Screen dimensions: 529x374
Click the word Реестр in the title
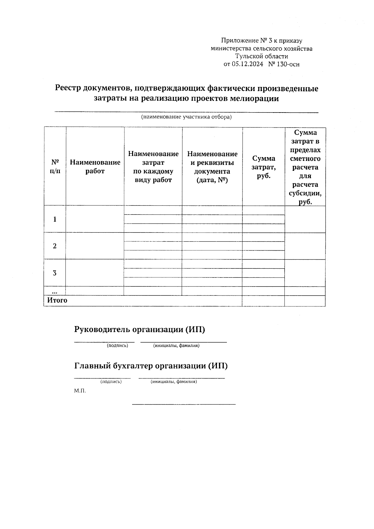click(68, 89)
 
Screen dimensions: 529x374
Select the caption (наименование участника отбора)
click(186, 117)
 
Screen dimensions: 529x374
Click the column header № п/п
click(55, 166)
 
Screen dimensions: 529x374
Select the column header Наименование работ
click(95, 166)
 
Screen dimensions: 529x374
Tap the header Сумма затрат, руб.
click(263, 167)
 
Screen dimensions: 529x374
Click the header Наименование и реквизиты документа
click(212, 167)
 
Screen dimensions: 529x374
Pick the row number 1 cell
click(55, 219)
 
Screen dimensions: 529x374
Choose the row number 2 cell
click(55, 246)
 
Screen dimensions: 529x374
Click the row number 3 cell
click(55, 273)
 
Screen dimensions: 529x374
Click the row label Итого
click(57, 301)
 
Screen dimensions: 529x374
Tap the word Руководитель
click(102, 329)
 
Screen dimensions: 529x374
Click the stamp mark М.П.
click(80, 391)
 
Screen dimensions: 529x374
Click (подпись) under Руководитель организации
click(117, 345)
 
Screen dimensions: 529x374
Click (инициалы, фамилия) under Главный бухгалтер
click(174, 382)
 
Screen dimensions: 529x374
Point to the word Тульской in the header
click(249, 56)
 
